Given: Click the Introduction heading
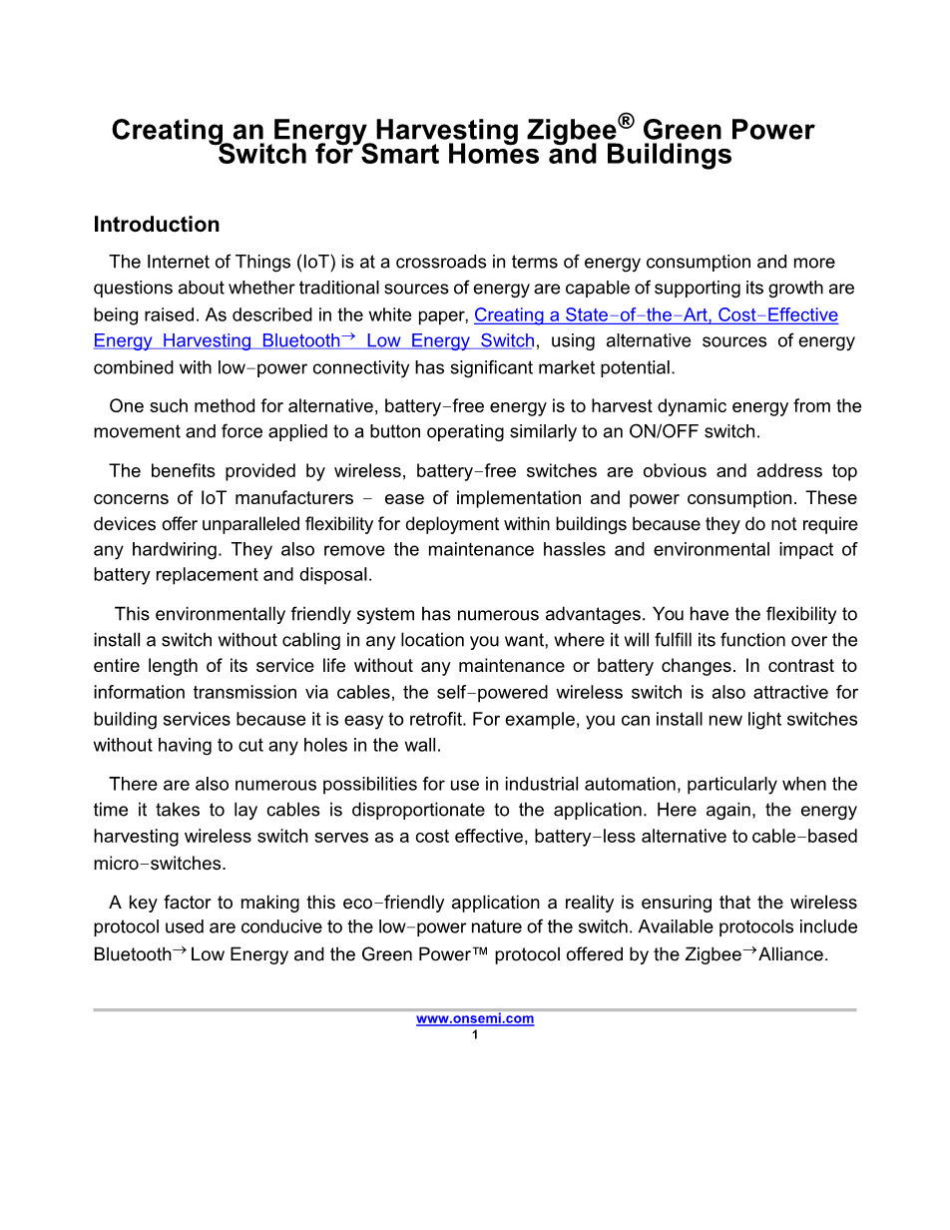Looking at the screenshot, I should (157, 224).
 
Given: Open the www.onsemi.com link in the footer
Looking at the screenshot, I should (475, 1018).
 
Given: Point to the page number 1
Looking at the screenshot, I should (475, 1034).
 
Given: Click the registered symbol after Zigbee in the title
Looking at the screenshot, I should (626, 122).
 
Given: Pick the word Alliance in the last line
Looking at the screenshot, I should (793, 953).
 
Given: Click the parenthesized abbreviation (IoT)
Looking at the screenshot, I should (311, 262).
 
